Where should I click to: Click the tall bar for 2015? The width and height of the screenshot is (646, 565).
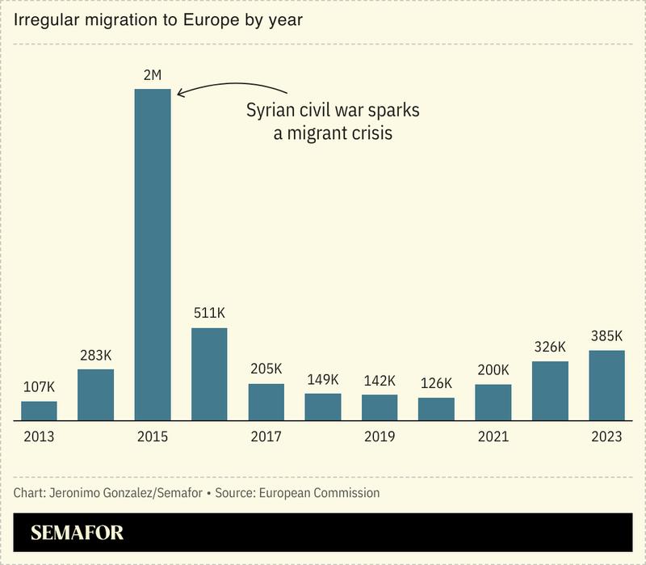[153, 255]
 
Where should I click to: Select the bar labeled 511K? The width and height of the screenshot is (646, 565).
[209, 374]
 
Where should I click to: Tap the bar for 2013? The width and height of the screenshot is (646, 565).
[39, 411]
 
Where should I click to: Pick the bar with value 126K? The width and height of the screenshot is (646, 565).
[436, 409]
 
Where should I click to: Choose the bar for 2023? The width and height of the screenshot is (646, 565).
[606, 386]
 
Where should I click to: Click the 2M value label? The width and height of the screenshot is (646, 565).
[153, 76]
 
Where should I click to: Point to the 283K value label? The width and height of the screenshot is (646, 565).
[96, 355]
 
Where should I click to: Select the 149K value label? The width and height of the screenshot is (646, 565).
[323, 379]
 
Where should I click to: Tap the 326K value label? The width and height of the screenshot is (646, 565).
[550, 348]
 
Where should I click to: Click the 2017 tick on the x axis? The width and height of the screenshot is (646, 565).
[266, 437]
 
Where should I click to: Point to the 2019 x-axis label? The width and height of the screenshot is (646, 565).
[380, 437]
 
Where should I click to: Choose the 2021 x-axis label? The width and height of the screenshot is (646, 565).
[493, 437]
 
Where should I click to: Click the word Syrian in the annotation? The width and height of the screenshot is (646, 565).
[272, 111]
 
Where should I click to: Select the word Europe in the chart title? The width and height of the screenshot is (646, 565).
[217, 19]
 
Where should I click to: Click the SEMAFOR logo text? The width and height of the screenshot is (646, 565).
[78, 533]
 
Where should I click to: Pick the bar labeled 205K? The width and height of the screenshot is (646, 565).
[266, 402]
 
